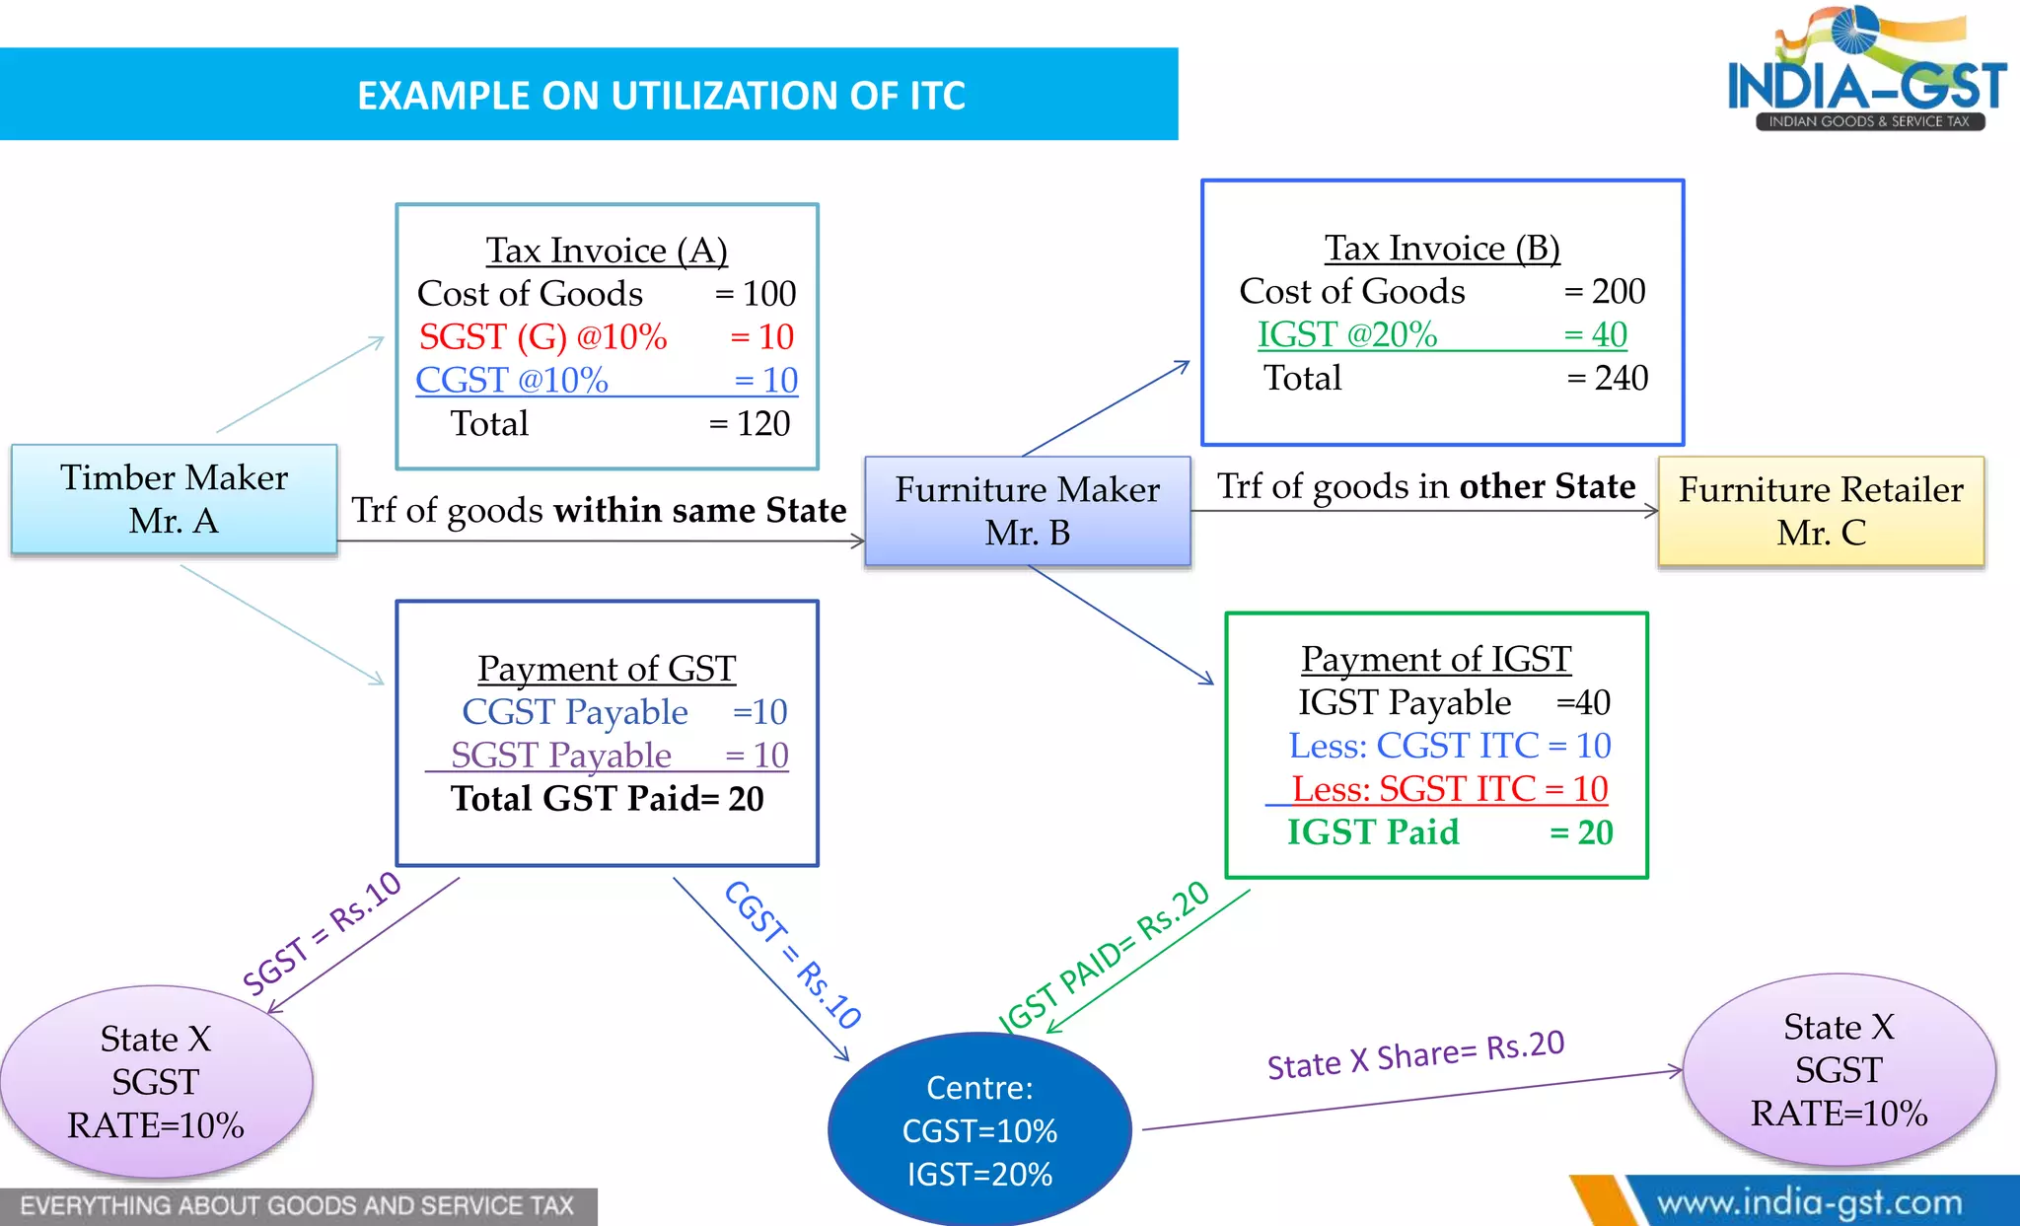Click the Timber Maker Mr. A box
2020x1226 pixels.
click(175, 499)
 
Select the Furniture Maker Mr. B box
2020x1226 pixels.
click(1028, 511)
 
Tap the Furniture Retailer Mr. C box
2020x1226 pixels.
click(1821, 511)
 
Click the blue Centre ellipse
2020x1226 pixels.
click(979, 1129)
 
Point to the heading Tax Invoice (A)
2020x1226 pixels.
click(607, 251)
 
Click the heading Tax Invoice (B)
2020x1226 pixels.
click(1442, 249)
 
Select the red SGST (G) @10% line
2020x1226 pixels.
click(607, 337)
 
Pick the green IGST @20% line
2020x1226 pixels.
click(1442, 335)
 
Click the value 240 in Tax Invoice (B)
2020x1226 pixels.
click(1622, 378)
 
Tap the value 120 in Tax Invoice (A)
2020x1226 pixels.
click(763, 424)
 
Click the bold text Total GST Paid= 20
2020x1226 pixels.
click(608, 799)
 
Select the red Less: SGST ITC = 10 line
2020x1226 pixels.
click(1450, 789)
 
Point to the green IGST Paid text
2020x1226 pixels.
click(1373, 832)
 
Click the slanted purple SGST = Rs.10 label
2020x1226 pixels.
click(322, 933)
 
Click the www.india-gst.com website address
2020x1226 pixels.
click(1810, 1203)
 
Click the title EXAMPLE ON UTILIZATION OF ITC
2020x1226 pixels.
click(661, 96)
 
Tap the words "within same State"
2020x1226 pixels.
click(700, 510)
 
